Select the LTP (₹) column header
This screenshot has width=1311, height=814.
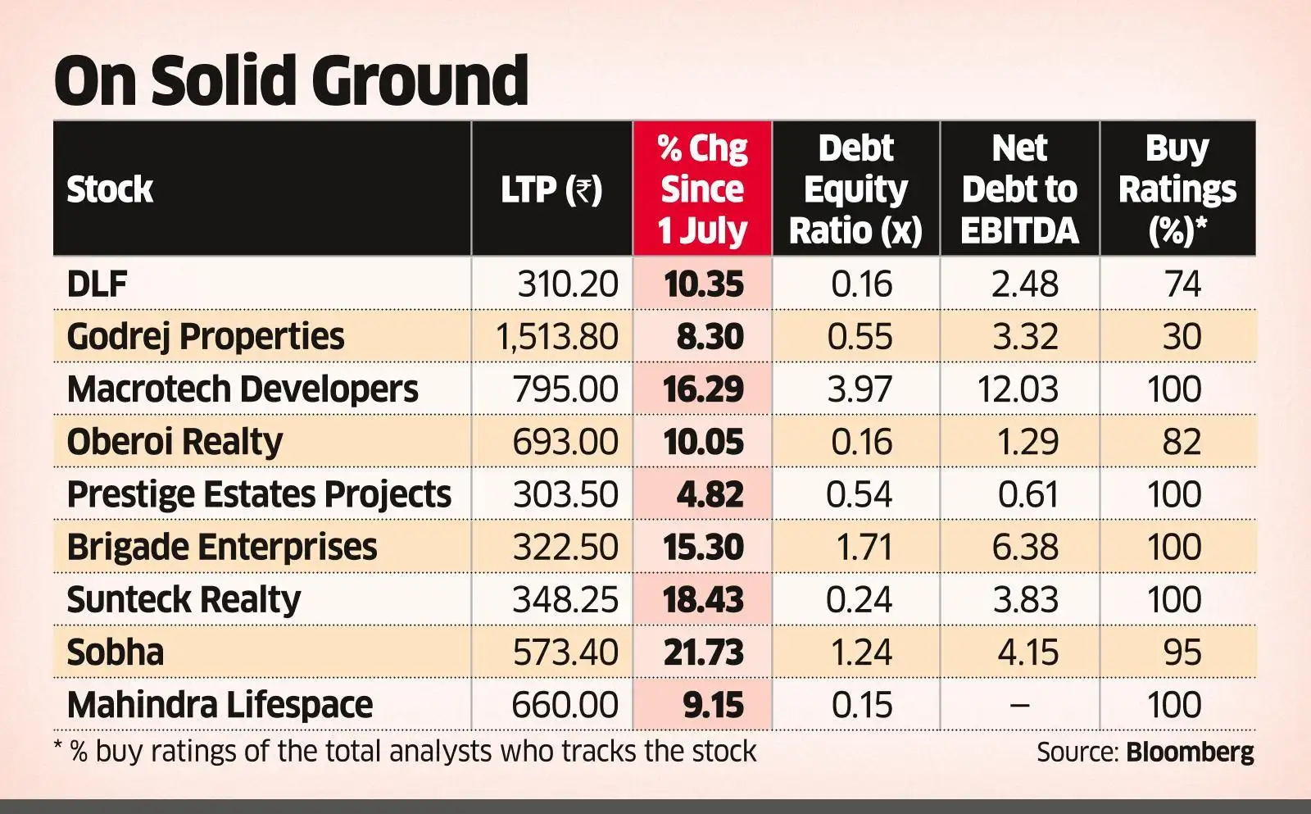(x=551, y=189)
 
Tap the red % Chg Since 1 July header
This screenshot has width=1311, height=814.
(x=702, y=189)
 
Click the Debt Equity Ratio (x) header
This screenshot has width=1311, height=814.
(x=855, y=189)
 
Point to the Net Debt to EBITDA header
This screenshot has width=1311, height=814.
(x=1019, y=189)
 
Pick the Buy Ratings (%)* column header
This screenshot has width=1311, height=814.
(x=1177, y=189)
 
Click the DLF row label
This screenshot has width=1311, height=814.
(x=97, y=284)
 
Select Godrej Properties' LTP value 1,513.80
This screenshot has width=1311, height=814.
(x=557, y=337)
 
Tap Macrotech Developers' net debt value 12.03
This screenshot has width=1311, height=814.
(x=1018, y=389)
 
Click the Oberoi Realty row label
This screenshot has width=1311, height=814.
(x=175, y=442)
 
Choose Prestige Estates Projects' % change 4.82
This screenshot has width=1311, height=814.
(x=710, y=494)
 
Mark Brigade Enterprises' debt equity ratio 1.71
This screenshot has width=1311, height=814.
(x=863, y=547)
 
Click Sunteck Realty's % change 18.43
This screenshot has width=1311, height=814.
(x=703, y=599)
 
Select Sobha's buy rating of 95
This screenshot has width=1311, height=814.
(x=1182, y=653)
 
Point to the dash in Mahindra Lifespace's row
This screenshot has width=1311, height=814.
(x=1019, y=705)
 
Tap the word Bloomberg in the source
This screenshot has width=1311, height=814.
(x=1190, y=752)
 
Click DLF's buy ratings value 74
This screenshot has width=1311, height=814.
(x=1182, y=284)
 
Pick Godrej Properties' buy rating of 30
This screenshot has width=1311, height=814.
(x=1182, y=337)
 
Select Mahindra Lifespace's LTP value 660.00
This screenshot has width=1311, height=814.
(x=565, y=705)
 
